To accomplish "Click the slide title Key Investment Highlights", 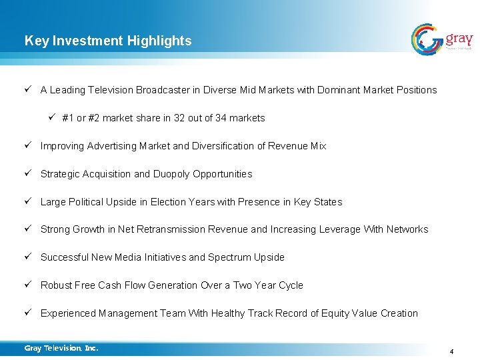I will (x=108, y=41).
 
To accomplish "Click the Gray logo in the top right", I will (x=442, y=39).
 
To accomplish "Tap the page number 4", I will (x=451, y=351).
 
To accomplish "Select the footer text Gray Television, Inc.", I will (x=61, y=348).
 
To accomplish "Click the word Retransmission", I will (x=171, y=229).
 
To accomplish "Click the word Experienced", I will (x=68, y=313).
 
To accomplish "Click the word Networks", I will (x=407, y=229).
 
